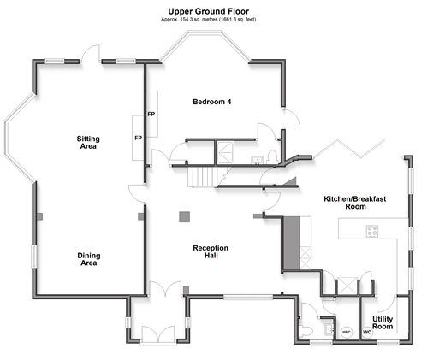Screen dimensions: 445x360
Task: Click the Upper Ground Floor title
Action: pyautogui.click(x=208, y=11)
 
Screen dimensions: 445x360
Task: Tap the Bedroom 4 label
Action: pyautogui.click(x=212, y=102)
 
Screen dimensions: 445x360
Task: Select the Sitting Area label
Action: pyautogui.click(x=88, y=143)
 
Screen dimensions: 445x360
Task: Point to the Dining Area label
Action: pyautogui.click(x=89, y=259)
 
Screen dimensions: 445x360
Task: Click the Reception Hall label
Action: pyautogui.click(x=211, y=251)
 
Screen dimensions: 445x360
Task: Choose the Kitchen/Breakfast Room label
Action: pyautogui.click(x=355, y=203)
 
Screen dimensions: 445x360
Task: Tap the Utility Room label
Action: pyautogui.click(x=383, y=322)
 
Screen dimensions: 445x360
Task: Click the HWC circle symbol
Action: pyautogui.click(x=347, y=332)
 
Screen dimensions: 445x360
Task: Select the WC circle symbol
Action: pyautogui.click(x=367, y=333)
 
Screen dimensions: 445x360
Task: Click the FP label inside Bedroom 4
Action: pyautogui.click(x=151, y=114)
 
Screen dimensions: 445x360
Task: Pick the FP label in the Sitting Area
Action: pyautogui.click(x=139, y=138)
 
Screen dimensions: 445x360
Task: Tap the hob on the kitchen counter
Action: pyautogui.click(x=372, y=231)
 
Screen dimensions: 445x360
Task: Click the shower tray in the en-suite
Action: pyautogui.click(x=225, y=152)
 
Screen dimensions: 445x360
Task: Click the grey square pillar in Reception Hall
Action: pyautogui.click(x=184, y=216)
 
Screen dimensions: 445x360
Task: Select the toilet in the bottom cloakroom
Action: pyautogui.click(x=306, y=331)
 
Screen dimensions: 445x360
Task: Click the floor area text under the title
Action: pyautogui.click(x=208, y=20)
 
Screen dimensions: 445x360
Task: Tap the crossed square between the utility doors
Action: pyautogui.click(x=347, y=286)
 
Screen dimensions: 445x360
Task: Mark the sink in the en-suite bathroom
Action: pyautogui.click(x=257, y=160)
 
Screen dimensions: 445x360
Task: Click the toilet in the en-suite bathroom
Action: pyautogui.click(x=273, y=157)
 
